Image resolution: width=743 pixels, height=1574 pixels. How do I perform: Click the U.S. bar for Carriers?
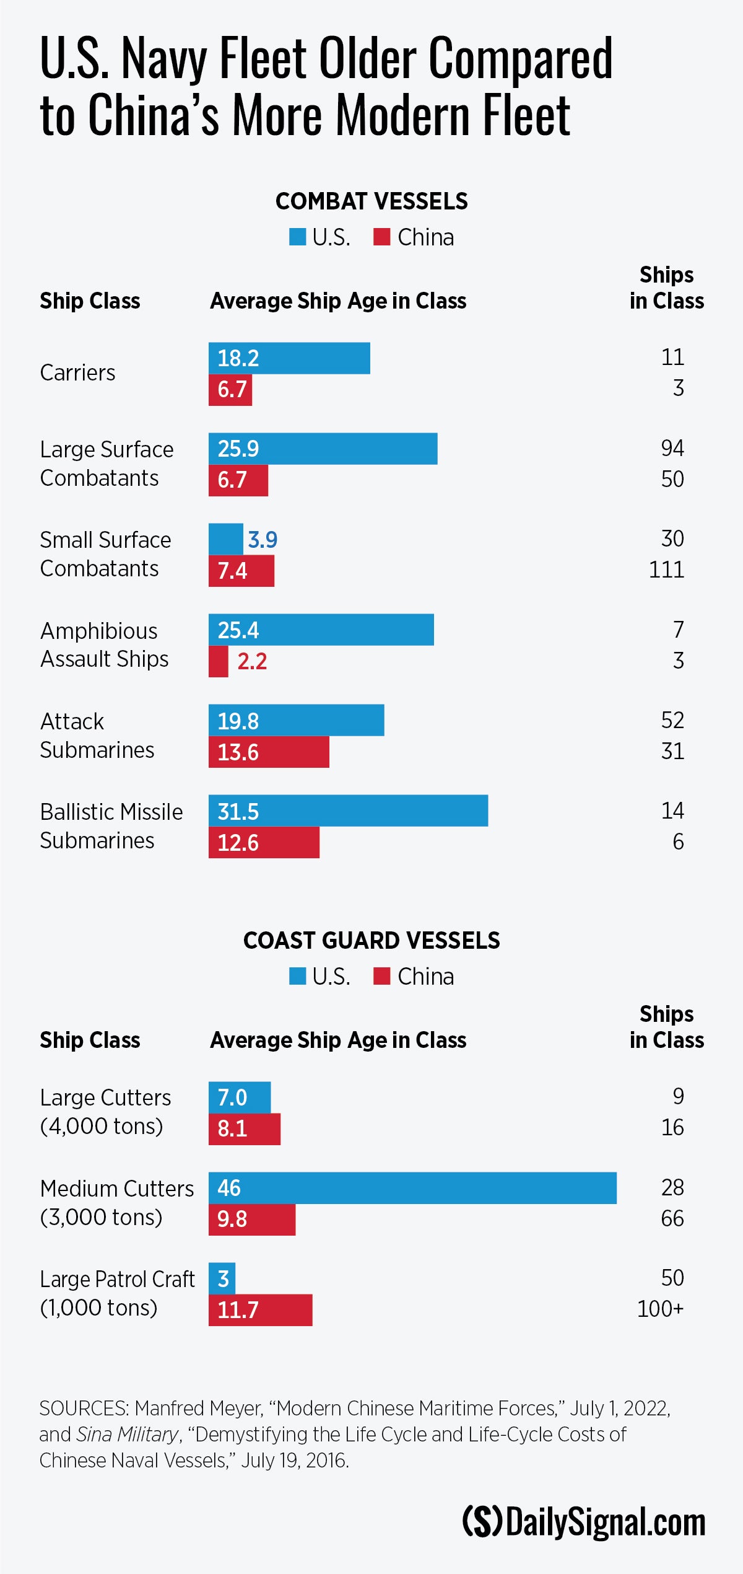pos(289,358)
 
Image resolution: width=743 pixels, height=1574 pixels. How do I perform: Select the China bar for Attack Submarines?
pos(269,752)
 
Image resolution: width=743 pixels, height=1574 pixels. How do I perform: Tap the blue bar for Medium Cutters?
pos(412,1188)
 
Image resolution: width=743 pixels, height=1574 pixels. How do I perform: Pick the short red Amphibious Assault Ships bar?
pos(219,661)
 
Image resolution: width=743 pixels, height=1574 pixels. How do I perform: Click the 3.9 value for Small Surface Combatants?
pos(263,540)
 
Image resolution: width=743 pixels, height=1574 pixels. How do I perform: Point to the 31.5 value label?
pos(238,812)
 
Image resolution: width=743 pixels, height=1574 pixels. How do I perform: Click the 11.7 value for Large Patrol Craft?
pos(238,1310)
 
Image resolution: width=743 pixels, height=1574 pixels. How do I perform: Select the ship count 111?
pos(666,569)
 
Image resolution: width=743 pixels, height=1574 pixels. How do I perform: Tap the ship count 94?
pos(672,448)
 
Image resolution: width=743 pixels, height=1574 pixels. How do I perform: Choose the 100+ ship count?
pos(660,1309)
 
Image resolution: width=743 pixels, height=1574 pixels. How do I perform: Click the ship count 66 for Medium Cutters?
pos(672,1218)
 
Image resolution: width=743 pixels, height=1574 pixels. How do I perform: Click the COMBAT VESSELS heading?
pos(371,201)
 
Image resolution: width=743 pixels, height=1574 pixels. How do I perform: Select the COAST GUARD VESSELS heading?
pos(371,941)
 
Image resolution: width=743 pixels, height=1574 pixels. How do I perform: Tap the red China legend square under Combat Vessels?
pos(382,237)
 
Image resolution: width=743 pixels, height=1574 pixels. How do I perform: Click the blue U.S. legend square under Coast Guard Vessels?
pos(298,976)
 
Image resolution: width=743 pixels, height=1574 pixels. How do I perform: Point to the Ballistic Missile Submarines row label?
pos(111,826)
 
